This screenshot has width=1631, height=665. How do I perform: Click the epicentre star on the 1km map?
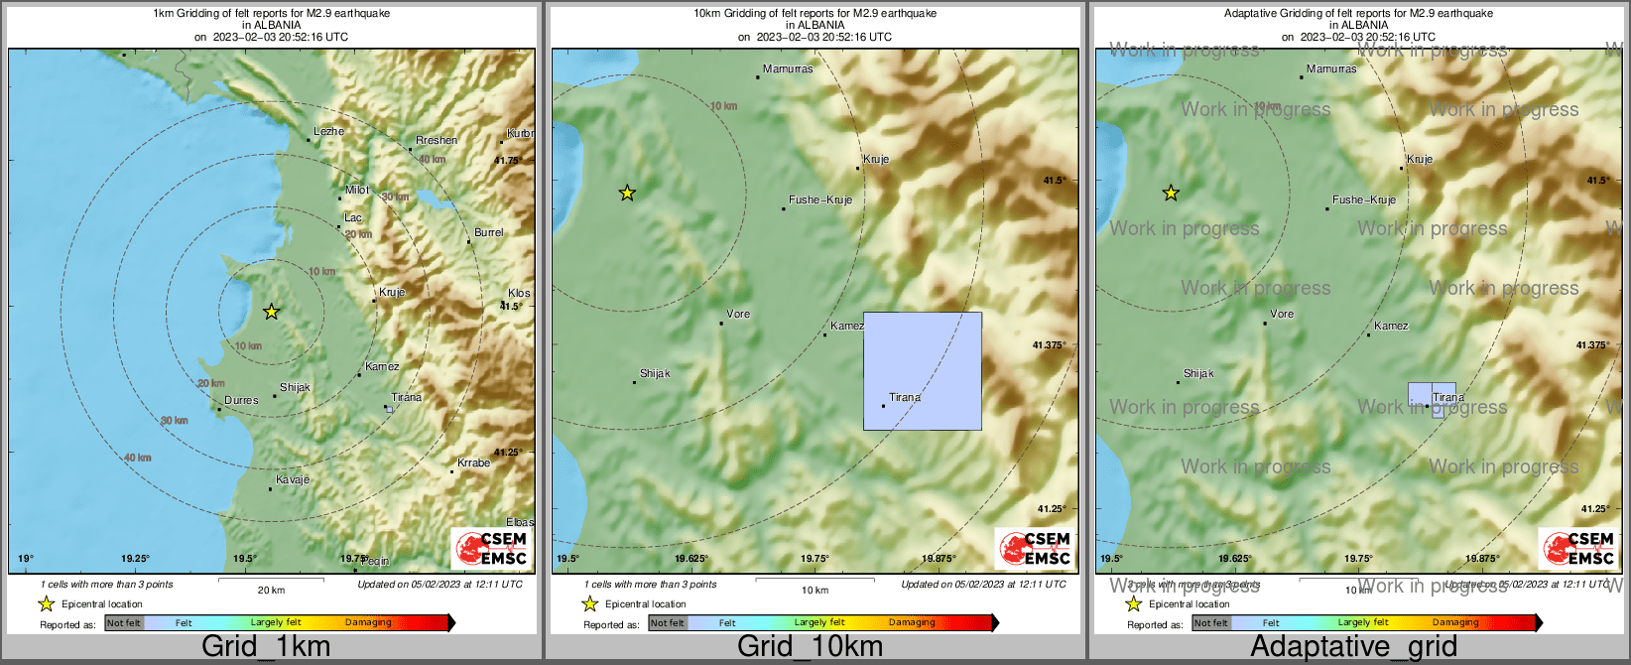click(x=271, y=312)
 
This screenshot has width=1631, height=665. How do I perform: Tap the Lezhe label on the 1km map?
click(x=328, y=131)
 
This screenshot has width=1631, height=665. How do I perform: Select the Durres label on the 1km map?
click(x=240, y=400)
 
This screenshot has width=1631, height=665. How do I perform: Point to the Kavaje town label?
click(x=292, y=479)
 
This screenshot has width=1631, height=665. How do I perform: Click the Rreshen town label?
click(x=437, y=140)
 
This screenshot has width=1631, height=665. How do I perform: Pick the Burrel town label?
click(x=488, y=232)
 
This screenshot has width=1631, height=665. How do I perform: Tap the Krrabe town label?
click(x=473, y=463)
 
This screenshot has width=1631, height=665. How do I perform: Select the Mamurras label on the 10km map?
click(x=788, y=69)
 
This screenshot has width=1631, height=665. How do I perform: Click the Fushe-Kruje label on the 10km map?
click(x=819, y=199)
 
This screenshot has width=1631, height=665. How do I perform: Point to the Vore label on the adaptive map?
click(x=1282, y=314)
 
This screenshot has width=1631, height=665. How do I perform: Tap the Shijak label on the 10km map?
click(x=655, y=373)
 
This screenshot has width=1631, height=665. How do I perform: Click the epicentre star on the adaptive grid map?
click(x=1171, y=193)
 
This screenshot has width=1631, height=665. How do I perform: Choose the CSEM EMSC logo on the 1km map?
click(x=491, y=549)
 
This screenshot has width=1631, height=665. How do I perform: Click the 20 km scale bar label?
click(x=271, y=590)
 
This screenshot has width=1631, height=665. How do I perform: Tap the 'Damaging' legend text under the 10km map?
click(x=912, y=622)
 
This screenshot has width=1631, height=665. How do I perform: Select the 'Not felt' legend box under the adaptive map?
click(x=1210, y=622)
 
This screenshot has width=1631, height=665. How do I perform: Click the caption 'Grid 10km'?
click(x=810, y=646)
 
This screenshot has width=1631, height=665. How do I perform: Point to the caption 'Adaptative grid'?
click(x=1353, y=646)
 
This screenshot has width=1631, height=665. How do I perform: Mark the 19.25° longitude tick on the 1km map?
click(x=135, y=559)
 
